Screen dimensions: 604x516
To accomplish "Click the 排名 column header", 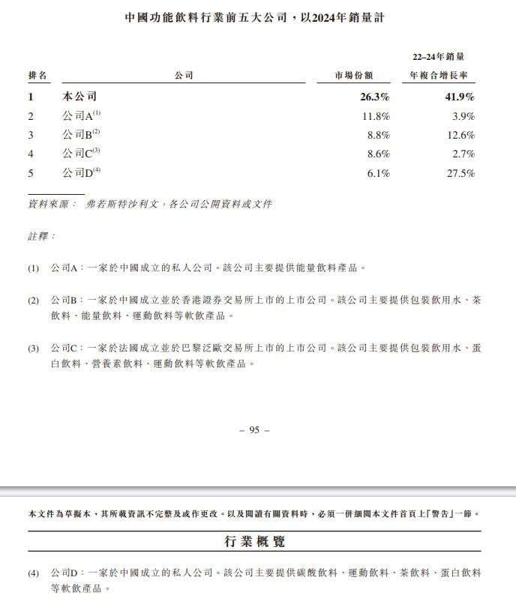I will [37, 76].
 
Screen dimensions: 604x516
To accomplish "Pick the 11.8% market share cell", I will [376, 116].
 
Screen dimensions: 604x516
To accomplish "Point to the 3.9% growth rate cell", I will [463, 116].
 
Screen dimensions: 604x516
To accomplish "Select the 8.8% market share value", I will [378, 135].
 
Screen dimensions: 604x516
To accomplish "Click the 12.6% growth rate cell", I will [460, 135].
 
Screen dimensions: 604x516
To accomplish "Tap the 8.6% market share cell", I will [378, 154].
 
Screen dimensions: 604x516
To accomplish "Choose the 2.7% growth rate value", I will [463, 154].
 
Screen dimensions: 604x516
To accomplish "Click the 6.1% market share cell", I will [378, 173].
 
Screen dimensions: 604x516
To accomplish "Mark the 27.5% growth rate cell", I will [460, 173].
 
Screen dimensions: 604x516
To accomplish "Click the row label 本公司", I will [79, 97].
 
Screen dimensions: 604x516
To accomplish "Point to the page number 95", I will [253, 430].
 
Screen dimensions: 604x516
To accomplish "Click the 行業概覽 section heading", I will [254, 541].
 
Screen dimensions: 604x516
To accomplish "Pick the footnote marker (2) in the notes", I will [34, 301].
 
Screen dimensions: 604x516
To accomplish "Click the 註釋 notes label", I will [41, 236].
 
